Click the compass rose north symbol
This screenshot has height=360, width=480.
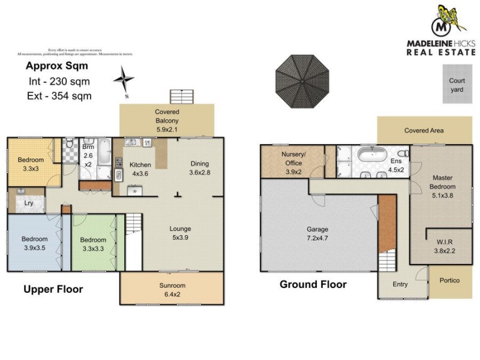[125, 79]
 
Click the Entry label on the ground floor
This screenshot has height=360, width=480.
[400, 284]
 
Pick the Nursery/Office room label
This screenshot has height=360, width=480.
[293, 159]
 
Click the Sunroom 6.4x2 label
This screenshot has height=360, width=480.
[172, 289]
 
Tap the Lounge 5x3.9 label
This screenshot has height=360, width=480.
[180, 233]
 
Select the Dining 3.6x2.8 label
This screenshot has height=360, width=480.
[200, 168]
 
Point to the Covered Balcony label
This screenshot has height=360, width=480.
[167, 116]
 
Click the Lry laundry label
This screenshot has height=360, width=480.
[28, 203]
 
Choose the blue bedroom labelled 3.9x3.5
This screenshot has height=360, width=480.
[34, 243]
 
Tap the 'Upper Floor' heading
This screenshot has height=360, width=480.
[53, 290]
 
